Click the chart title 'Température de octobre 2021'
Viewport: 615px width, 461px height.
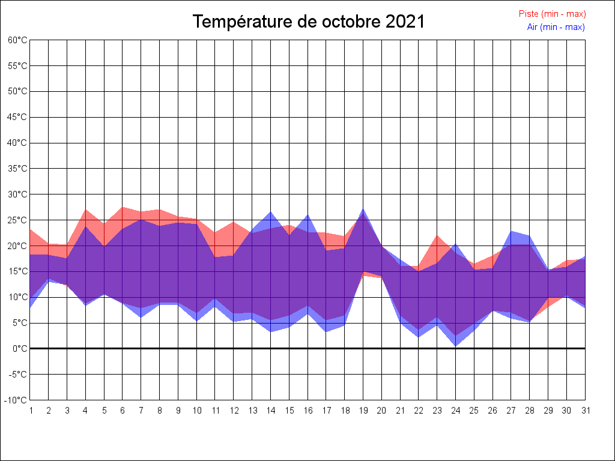pos(308,22)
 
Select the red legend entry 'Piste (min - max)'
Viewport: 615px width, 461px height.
pos(552,14)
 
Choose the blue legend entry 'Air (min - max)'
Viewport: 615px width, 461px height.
pos(556,27)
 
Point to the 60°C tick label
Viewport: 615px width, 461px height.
pos(18,40)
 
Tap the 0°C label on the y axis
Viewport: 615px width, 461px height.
pos(20,349)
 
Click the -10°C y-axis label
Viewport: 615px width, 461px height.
pos(17,400)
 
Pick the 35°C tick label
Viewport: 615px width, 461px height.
pos(18,169)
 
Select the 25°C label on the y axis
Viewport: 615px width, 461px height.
pos(18,220)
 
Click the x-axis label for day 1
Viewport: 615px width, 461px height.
pos(30,411)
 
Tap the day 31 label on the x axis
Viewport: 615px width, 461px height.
pos(585,411)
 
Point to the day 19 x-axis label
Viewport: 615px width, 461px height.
pos(363,411)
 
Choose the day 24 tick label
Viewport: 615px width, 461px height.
pos(455,411)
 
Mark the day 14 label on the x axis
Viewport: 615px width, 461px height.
pos(270,411)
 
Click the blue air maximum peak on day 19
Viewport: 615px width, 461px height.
pos(363,209)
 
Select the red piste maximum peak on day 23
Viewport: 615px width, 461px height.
pos(437,235)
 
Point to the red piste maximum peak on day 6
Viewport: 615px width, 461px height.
pos(123,207)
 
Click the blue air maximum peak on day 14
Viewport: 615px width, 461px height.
pos(270,212)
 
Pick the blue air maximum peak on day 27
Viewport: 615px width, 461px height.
pos(511,231)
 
